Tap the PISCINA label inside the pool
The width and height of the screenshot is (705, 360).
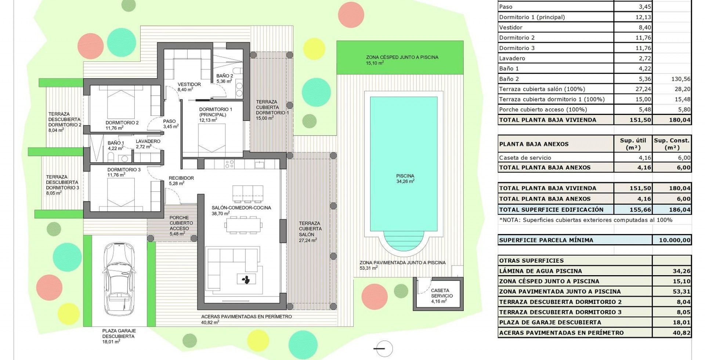405,176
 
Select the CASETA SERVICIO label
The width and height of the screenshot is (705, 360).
440,293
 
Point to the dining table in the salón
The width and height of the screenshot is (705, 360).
244,225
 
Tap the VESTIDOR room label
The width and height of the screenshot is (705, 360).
189,84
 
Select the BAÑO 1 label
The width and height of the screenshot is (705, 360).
116,143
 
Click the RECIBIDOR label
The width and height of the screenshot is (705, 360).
181,178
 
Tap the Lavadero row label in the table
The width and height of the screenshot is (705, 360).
512,58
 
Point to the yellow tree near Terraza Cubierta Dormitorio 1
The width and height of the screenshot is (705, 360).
314,49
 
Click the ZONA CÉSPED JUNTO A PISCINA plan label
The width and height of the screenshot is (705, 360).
402,57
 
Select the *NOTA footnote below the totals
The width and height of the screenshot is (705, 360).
586,220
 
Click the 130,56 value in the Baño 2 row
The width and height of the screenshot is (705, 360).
681,79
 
